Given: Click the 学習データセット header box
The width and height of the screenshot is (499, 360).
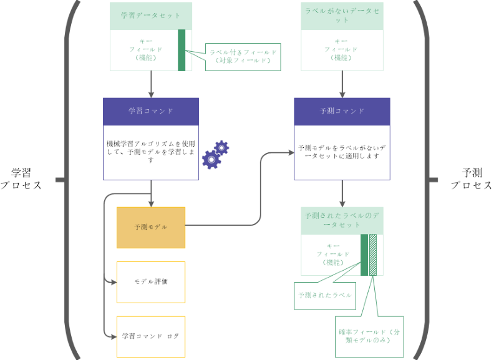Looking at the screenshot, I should [151, 16].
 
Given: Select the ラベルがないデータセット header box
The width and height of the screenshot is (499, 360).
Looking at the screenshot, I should [342, 16].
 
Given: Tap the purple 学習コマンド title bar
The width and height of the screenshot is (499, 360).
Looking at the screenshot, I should [151, 111].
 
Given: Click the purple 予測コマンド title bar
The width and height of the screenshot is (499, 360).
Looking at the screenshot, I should [342, 112].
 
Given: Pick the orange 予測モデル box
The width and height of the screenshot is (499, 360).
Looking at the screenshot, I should [151, 227].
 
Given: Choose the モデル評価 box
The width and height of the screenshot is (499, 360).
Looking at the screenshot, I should [151, 282].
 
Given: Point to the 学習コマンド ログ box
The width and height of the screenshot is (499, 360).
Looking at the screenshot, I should [151, 336].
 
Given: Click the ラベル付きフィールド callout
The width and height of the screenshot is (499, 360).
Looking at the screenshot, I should [244, 57].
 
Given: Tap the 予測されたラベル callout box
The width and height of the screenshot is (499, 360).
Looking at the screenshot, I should [324, 295].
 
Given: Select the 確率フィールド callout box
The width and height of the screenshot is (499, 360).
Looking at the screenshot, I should [364, 336].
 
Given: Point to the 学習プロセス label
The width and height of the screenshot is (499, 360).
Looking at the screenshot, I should [21, 179].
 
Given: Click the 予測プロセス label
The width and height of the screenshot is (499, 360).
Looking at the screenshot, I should [471, 179].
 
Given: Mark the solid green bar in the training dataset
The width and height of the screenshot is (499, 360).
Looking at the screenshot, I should [182, 50].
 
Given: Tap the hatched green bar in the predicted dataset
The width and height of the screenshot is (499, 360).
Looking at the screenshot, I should [373, 255].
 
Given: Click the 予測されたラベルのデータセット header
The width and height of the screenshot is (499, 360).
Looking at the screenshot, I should [342, 220].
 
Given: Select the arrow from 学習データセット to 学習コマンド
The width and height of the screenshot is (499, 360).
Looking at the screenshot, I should [151, 84].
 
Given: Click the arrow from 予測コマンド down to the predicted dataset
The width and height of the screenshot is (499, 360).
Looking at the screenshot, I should [342, 193].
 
